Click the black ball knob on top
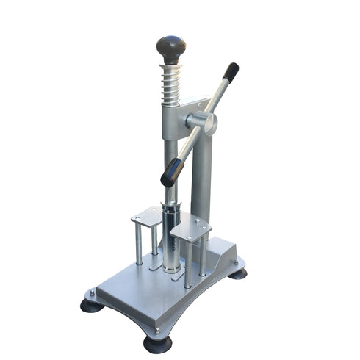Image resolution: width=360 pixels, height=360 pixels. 171,48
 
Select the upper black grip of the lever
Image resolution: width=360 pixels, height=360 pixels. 230,71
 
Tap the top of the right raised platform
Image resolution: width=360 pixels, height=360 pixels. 190,229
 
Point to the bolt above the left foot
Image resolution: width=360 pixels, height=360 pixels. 92,293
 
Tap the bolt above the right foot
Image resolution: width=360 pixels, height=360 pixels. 235,262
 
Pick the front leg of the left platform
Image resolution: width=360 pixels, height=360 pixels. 139,245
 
